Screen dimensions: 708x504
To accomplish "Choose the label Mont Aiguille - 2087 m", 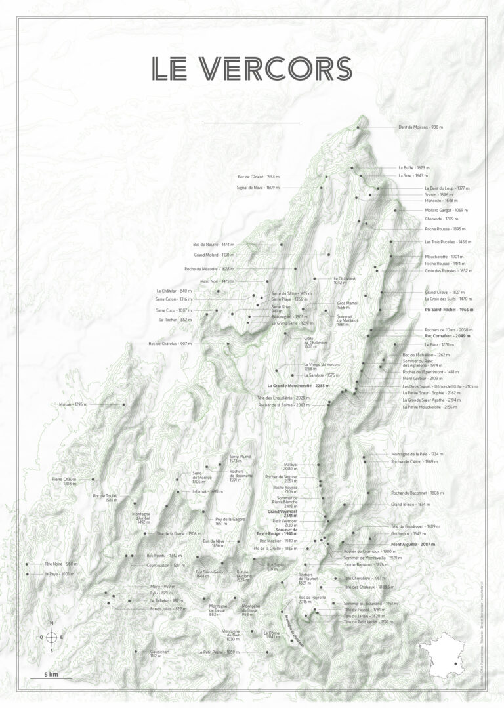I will coord(413,545).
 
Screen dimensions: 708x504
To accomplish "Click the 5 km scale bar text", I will coord(52,674).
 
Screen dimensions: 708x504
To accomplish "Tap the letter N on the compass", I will coord(51,623).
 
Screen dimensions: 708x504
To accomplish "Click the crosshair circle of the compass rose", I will coord(51,636).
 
